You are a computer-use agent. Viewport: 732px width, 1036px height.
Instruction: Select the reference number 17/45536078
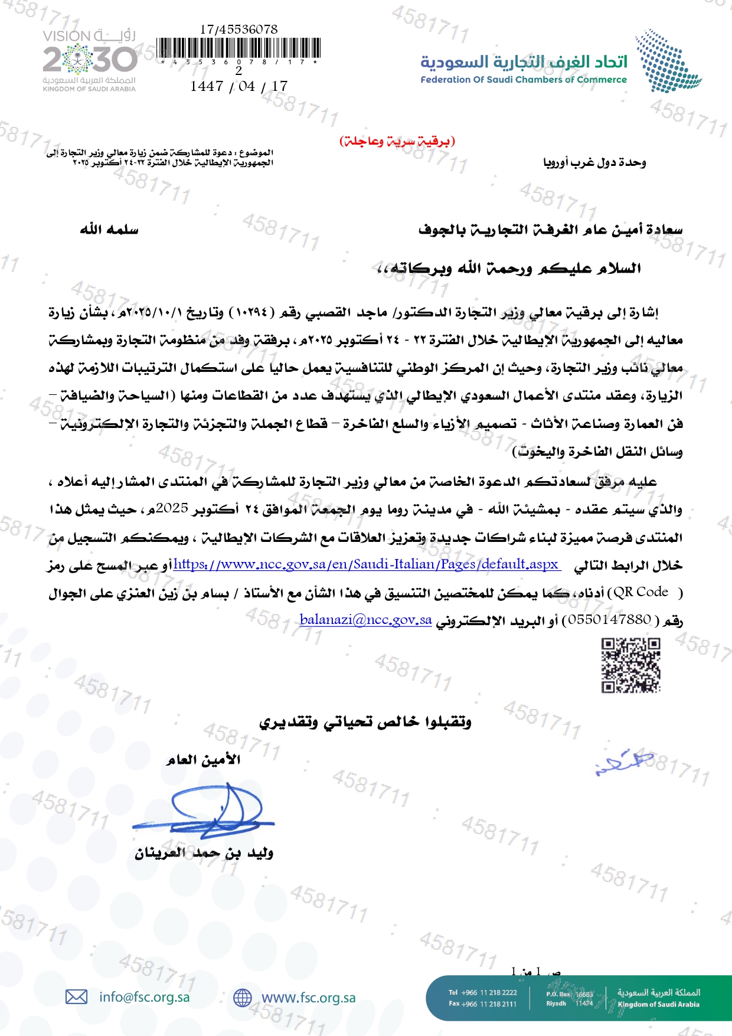238,29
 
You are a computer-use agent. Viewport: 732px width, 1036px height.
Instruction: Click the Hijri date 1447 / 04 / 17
238,86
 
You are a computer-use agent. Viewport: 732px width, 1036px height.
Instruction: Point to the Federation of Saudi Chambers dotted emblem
668,61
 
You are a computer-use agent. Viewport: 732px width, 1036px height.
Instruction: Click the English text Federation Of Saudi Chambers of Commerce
523,80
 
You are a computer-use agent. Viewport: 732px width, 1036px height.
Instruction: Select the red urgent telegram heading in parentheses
397,141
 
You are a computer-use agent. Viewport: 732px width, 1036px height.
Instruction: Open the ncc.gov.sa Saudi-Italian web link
367,564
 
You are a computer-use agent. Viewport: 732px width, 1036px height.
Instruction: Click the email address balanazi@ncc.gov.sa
365,620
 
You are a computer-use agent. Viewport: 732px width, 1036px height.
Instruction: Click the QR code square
630,665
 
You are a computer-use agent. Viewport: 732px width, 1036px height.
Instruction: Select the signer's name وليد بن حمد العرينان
204,853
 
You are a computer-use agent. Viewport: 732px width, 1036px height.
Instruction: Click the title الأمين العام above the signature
204,760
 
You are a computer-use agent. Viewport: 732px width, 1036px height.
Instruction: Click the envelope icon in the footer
76,997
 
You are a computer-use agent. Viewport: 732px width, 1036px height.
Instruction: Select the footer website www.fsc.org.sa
308,998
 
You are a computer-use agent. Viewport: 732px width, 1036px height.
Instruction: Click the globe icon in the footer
242,998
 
